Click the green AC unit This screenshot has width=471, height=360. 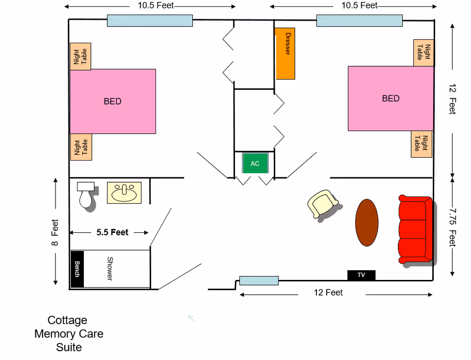tap(255, 164)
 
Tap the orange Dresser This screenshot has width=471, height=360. tap(285, 54)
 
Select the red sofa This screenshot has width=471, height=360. tap(415, 230)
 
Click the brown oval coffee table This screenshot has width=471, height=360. tap(366, 222)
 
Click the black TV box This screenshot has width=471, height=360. tap(361, 275)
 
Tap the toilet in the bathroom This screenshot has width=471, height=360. tap(85, 195)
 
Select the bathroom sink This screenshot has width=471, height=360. tap(124, 193)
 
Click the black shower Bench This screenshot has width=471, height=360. tap(77, 269)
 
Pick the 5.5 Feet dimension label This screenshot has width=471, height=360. tap(112, 232)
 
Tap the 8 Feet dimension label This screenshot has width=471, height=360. tap(54, 232)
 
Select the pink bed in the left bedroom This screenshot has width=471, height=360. tap(113, 101)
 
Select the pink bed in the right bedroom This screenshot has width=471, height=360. tap(391, 98)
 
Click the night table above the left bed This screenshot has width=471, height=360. tap(80, 56)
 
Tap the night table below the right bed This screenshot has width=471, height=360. tap(421, 144)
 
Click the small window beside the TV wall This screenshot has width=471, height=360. tap(259, 280)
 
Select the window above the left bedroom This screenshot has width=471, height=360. tap(150, 21)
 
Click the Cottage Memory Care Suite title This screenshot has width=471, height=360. tap(68, 334)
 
